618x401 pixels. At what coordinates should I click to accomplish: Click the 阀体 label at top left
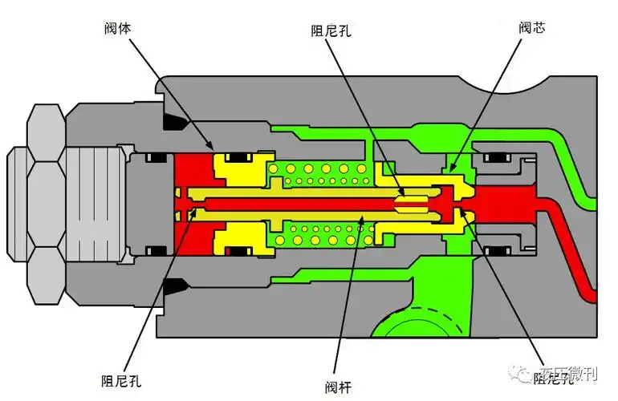[x=118, y=27]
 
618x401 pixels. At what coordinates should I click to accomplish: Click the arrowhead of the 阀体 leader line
[x=213, y=149]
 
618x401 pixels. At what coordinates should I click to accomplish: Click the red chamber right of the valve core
[x=506, y=202]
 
